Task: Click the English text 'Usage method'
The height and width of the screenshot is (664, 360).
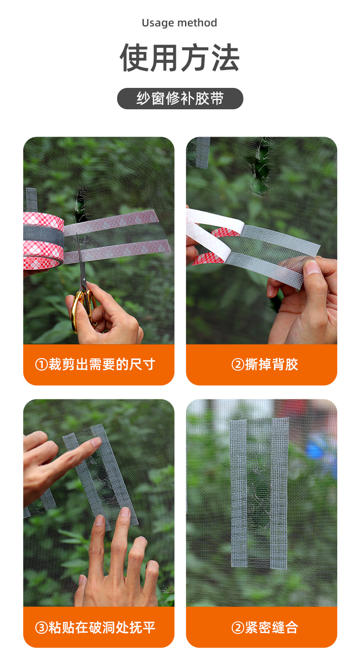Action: point(180,23)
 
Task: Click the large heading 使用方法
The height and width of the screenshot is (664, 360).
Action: point(180,58)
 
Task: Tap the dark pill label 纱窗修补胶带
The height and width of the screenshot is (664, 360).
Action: point(180,98)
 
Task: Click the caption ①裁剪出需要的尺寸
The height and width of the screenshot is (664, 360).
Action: point(98,364)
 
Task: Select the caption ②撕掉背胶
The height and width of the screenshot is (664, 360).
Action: point(262,364)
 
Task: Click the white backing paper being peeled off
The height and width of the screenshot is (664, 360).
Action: point(214,223)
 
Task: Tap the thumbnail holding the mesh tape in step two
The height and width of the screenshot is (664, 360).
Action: point(312,267)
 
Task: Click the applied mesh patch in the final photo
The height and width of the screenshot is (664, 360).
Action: point(259,492)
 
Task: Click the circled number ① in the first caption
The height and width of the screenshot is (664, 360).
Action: point(41,365)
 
